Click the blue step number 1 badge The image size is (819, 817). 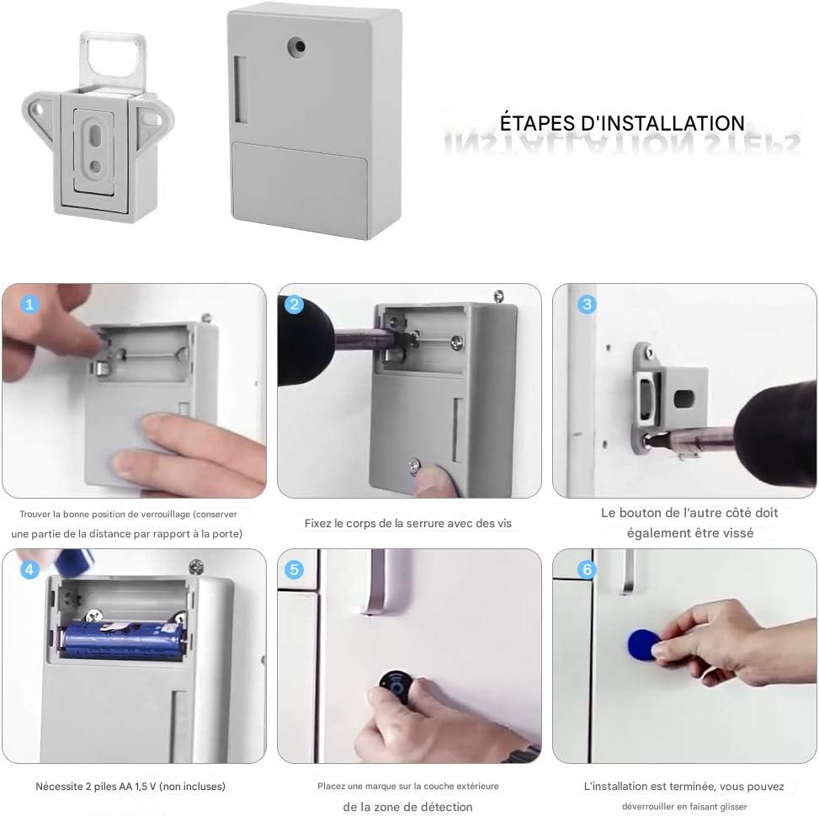coord(30,305)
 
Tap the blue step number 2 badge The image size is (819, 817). coord(295,305)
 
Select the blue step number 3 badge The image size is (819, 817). coord(588,305)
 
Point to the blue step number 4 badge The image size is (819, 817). coord(30,570)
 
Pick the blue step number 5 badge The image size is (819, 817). coord(295,570)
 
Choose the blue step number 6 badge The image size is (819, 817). coord(588,570)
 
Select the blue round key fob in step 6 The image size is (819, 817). coord(641,644)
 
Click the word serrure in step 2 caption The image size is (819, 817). coord(429,523)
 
